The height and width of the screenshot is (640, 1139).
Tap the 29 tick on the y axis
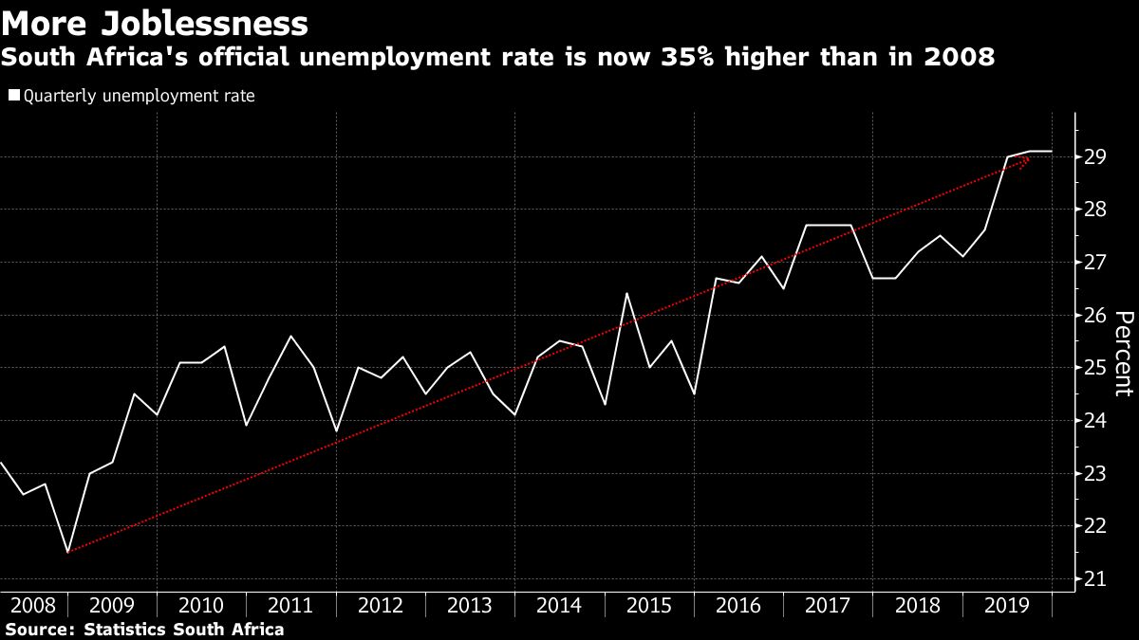[1095, 156]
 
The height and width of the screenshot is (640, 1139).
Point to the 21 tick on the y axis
[1095, 578]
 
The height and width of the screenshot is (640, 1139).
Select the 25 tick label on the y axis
[1095, 368]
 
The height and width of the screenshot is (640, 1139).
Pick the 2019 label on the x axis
[1007, 605]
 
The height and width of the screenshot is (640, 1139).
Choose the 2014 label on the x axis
[559, 605]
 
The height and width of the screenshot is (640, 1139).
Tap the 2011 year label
[290, 605]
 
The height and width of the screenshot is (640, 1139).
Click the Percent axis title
[1123, 366]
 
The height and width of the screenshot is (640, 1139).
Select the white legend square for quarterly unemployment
[14, 96]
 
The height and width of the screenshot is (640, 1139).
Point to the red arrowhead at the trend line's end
[1025, 160]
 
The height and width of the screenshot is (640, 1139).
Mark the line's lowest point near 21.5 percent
[67, 552]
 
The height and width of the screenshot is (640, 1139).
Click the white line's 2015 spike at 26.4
[626, 293]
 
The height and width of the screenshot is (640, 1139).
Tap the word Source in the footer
[39, 629]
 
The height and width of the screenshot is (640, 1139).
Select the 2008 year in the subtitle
[959, 58]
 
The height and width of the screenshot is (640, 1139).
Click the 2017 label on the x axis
[828, 605]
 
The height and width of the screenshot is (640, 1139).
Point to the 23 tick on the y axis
[1095, 473]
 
